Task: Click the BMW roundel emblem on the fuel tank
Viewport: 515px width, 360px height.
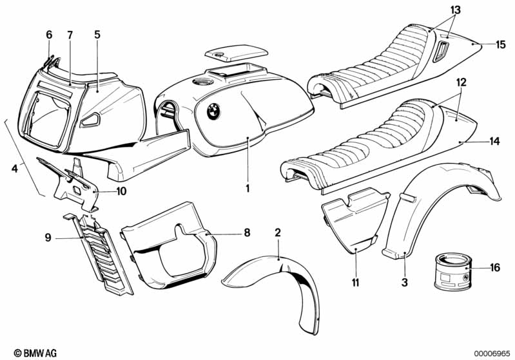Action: [213, 111]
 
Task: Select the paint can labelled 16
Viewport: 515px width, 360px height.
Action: [453, 271]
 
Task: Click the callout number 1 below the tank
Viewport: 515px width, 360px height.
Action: [248, 188]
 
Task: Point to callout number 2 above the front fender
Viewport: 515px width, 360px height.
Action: [278, 233]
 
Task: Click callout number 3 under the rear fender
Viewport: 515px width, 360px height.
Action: [405, 282]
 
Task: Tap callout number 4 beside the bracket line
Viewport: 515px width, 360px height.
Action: [14, 169]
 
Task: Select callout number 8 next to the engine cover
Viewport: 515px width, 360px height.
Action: [247, 232]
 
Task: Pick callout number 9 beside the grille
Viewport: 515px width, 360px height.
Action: [48, 237]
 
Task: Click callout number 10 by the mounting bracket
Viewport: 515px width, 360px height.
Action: [121, 191]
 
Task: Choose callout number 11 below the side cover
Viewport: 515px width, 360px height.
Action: [356, 282]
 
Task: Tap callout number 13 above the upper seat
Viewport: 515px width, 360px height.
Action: [456, 10]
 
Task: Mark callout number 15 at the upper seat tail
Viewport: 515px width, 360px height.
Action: [501, 44]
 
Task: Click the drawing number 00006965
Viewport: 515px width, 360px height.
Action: [492, 354]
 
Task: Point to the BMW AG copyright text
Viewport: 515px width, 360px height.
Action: [35, 353]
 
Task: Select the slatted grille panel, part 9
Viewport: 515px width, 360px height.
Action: [99, 254]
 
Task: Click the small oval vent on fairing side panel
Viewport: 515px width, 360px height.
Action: [90, 120]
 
